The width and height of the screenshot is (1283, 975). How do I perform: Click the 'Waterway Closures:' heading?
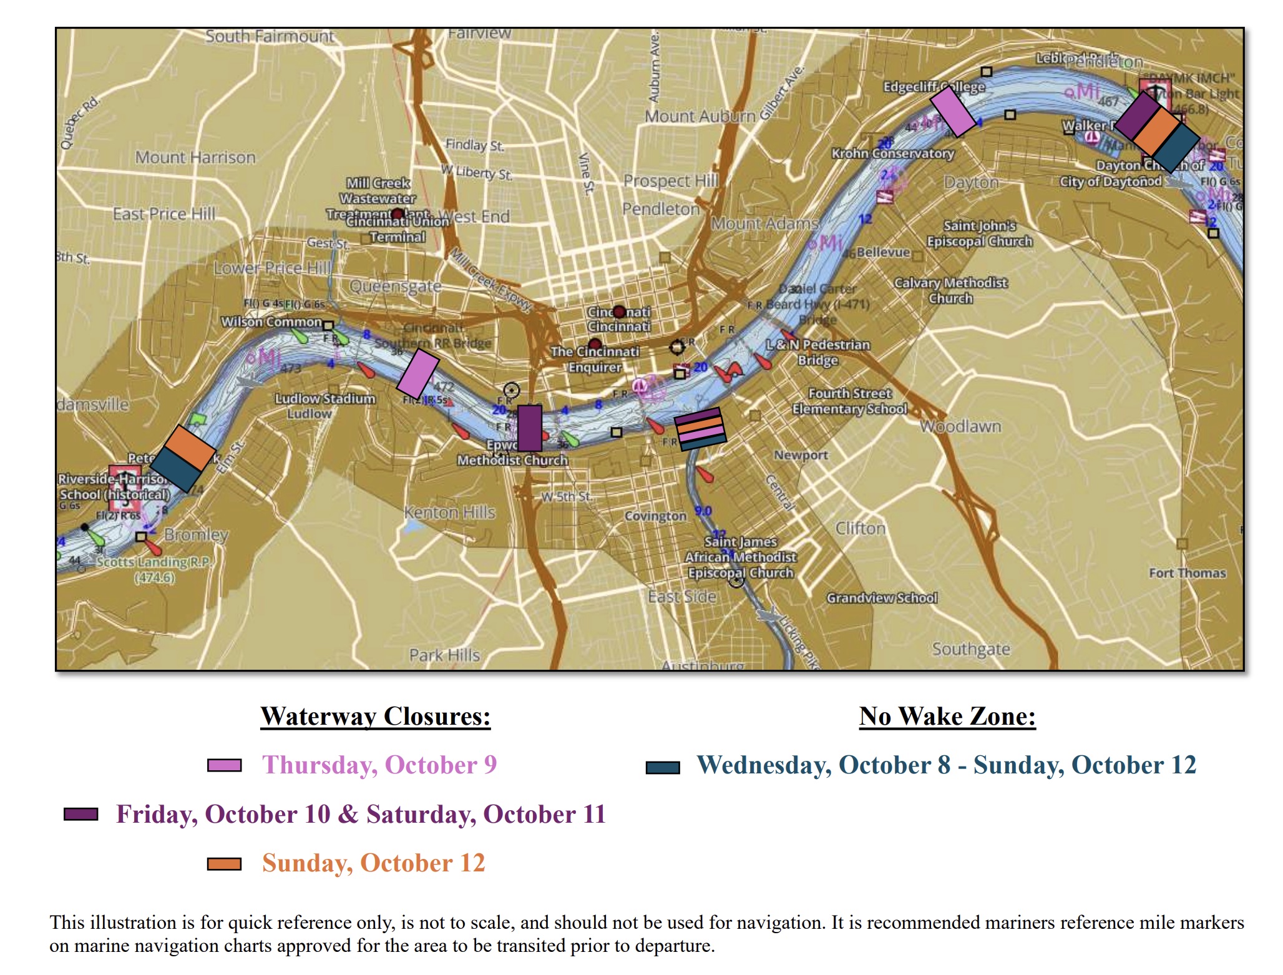375,716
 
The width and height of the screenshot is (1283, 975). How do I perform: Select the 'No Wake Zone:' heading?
947,716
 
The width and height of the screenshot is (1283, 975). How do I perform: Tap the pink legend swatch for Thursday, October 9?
224,765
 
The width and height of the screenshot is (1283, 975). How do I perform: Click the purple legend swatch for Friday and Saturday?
81,814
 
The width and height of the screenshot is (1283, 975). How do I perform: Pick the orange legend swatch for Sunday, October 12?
224,863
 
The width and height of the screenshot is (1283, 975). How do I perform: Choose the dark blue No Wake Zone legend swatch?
663,767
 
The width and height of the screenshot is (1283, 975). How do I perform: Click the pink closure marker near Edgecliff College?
952,112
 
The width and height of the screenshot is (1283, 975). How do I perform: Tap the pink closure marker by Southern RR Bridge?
417,374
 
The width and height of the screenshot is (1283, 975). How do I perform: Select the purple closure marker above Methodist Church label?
529,428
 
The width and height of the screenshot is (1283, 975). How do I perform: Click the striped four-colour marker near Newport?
700,429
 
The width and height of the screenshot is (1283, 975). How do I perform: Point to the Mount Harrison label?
195,157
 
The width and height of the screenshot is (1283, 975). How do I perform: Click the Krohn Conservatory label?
892,153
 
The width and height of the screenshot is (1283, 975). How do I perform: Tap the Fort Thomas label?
1187,573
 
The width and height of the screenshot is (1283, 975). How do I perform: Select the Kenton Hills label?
449,512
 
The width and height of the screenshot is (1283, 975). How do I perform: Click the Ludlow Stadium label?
325,398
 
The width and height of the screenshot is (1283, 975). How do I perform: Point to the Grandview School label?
882,598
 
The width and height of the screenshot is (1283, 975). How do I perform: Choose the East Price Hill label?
163,214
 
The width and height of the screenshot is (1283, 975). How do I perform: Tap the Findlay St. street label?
474,145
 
